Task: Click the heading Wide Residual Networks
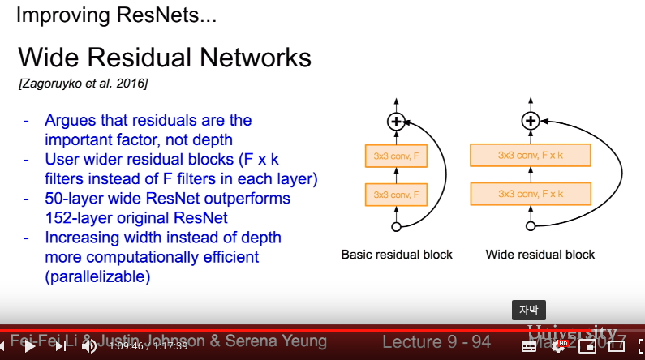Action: [x=165, y=58]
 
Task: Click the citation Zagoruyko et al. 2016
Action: [x=83, y=84]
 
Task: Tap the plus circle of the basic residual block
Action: [x=397, y=122]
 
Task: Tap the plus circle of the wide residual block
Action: [x=530, y=122]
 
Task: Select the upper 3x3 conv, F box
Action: [x=397, y=154]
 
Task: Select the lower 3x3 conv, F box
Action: [x=397, y=195]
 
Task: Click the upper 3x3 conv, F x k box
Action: [x=531, y=154]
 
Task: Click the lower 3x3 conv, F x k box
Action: [x=531, y=195]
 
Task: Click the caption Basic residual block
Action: [x=397, y=255]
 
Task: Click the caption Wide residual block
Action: [x=540, y=255]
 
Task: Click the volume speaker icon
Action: [x=88, y=346]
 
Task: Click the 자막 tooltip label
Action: [x=529, y=310]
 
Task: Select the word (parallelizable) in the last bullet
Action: [x=98, y=276]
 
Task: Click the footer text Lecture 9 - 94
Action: [x=436, y=341]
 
